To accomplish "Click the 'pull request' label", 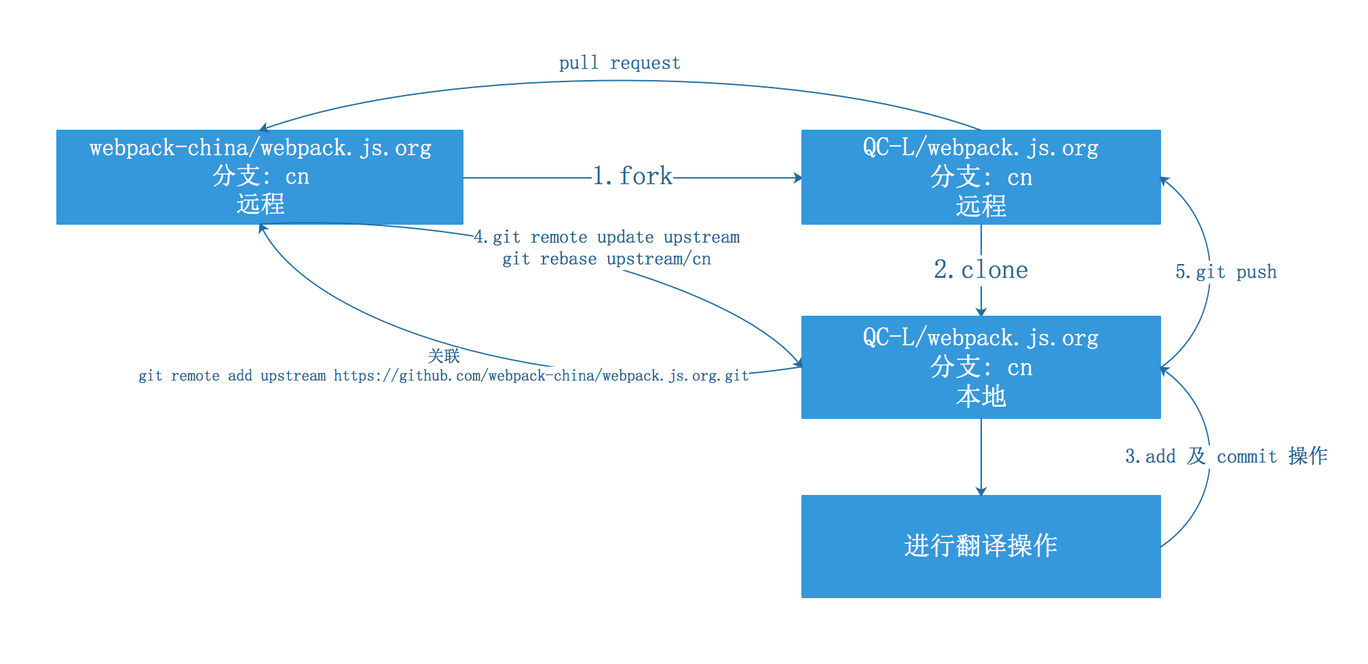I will click(620, 63).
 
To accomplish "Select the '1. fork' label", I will click(632, 177).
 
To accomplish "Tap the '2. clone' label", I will click(981, 270).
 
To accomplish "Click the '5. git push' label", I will click(1225, 272).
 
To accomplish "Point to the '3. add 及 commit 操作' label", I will click(1226, 456).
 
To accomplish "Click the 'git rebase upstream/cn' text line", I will click(606, 259).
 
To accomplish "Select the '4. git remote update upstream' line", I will click(606, 238).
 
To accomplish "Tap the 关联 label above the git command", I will click(444, 356).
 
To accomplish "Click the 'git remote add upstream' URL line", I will click(443, 375).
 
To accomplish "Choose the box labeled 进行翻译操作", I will click(981, 546).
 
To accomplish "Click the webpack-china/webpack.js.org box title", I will click(260, 148).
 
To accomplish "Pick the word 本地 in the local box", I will click(981, 396).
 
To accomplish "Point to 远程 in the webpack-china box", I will click(260, 204).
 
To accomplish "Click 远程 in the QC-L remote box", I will click(981, 206).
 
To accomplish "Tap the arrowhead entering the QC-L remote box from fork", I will click(798, 178).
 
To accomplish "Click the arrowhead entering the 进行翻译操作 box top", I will click(981, 491).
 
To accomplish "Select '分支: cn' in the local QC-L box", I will click(981, 367).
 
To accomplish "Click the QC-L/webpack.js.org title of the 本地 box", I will click(981, 337).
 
